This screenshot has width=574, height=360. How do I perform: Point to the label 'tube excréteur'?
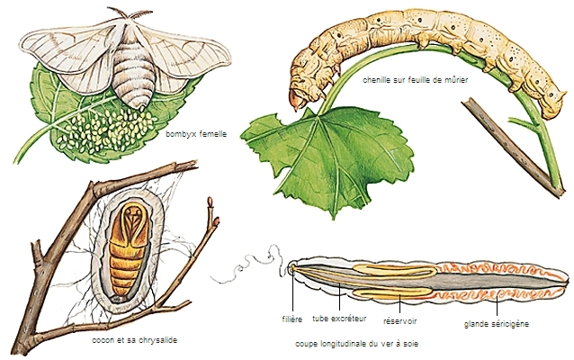click(x=339, y=319)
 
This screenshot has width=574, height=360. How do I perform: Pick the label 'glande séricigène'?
click(x=495, y=324)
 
